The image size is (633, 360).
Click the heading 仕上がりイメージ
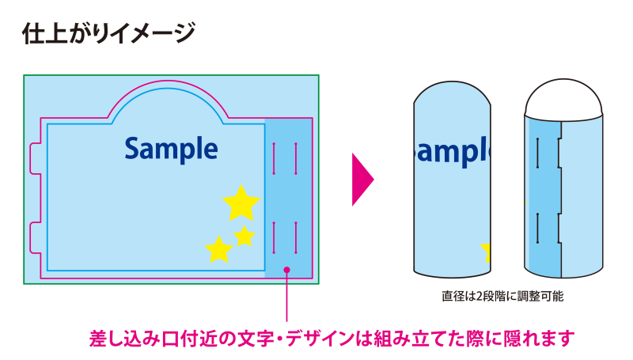pyautogui.click(x=108, y=32)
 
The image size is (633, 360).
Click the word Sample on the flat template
pyautogui.click(x=171, y=148)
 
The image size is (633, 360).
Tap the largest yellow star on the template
pyautogui.click(x=241, y=203)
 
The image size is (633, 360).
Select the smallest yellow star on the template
pyautogui.click(x=244, y=235)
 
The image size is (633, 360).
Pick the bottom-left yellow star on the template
pyautogui.click(x=218, y=249)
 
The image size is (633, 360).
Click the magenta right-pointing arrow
pyautogui.click(x=361, y=180)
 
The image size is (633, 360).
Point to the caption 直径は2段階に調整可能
pyautogui.click(x=502, y=298)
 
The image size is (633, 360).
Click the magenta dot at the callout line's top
pyautogui.click(x=286, y=271)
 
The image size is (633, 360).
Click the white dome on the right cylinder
pyautogui.click(x=564, y=98)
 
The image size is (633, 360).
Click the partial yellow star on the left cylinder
pyautogui.click(x=487, y=252)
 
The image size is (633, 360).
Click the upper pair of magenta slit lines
pyautogui.click(x=284, y=158)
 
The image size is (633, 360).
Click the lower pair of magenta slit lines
pyautogui.click(x=284, y=237)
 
